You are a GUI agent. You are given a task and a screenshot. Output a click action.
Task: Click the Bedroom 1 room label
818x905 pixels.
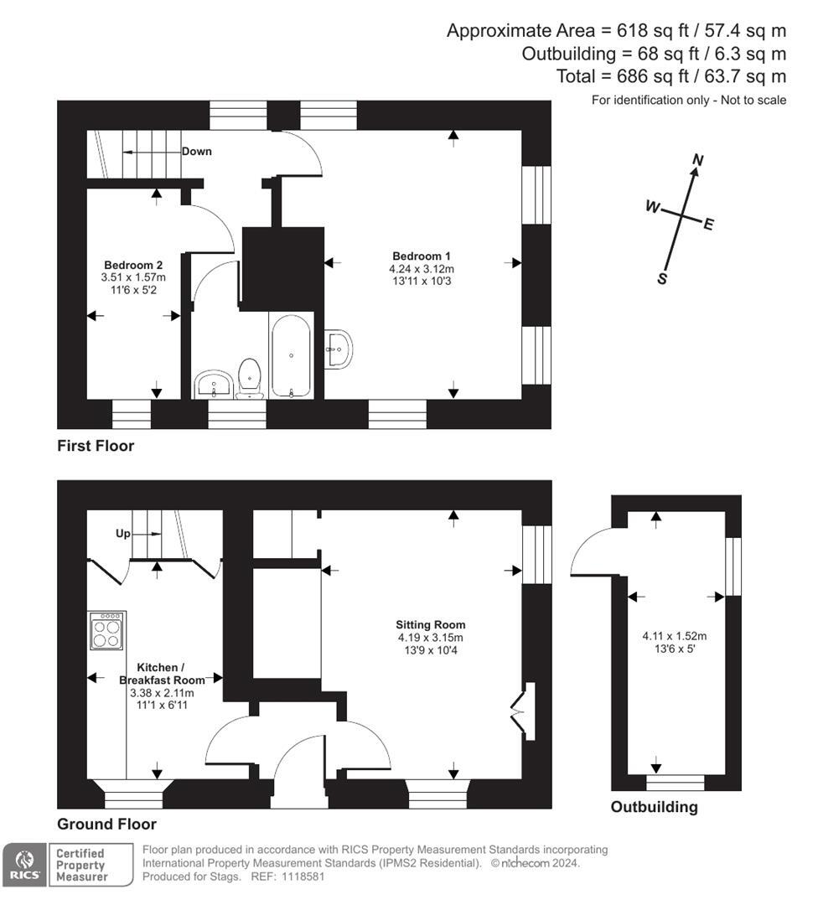422,256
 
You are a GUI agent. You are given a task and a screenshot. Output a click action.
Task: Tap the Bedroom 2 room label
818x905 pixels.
133,264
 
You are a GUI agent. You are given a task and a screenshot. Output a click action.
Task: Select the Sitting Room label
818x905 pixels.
431,624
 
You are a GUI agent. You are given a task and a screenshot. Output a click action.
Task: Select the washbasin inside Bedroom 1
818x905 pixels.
339,347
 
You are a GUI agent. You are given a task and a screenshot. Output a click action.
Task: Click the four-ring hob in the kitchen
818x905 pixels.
107,631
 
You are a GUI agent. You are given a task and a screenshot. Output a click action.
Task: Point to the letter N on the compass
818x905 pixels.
697,159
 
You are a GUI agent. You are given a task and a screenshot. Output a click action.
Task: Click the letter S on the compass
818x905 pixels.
662,279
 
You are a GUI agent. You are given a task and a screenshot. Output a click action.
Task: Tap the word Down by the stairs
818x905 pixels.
197,152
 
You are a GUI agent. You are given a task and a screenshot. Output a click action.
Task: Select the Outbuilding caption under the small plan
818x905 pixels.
654,808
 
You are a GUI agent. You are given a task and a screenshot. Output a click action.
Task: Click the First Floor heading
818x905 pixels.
96,446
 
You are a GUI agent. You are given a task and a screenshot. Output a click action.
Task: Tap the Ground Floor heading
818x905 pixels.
106,824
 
